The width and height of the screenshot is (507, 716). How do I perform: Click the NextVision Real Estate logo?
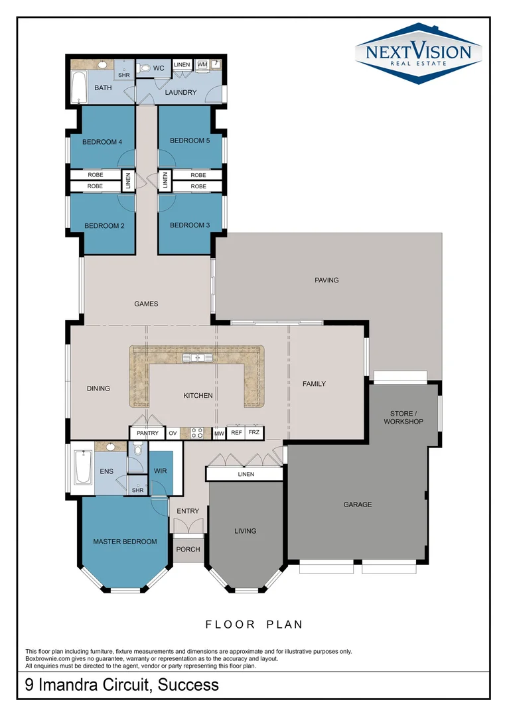pos(417,54)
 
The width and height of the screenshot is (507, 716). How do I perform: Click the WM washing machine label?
pos(202,64)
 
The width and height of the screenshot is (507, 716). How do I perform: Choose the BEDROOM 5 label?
pos(189,141)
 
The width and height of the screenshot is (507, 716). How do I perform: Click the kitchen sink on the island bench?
pos(197,358)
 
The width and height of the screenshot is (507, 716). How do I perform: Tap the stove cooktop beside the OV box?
pos(197,434)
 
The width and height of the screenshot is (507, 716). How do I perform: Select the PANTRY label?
pos(148,434)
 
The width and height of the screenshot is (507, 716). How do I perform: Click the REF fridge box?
pos(236,433)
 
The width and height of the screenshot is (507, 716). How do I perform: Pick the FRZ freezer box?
pos(254,433)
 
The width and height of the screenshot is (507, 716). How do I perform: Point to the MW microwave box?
pos(219,434)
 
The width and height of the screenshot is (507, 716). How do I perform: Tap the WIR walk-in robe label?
pos(159,471)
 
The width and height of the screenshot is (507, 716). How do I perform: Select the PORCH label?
pos(188,550)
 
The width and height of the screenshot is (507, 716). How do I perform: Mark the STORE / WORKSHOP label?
pos(403,418)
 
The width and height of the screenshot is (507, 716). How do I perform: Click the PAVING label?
pos(326,280)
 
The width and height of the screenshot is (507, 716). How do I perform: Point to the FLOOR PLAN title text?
pos(254,625)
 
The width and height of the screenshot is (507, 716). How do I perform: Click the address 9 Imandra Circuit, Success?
pos(121,685)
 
